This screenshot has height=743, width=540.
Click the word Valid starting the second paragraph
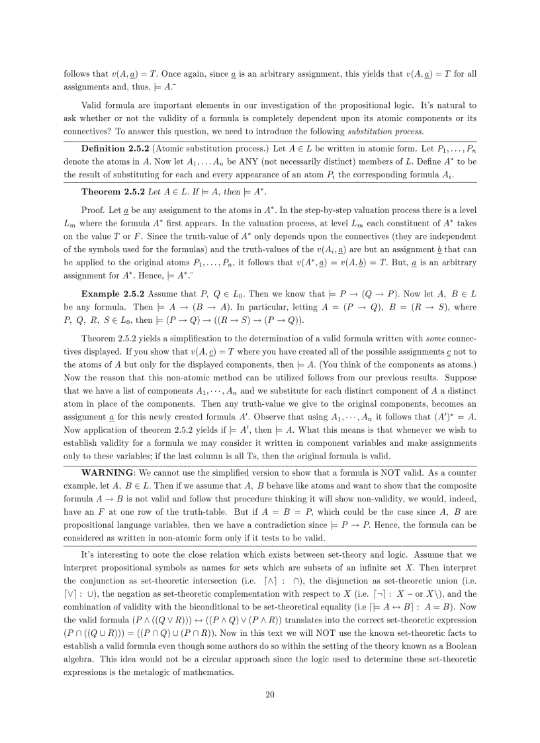click(x=93, y=105)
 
